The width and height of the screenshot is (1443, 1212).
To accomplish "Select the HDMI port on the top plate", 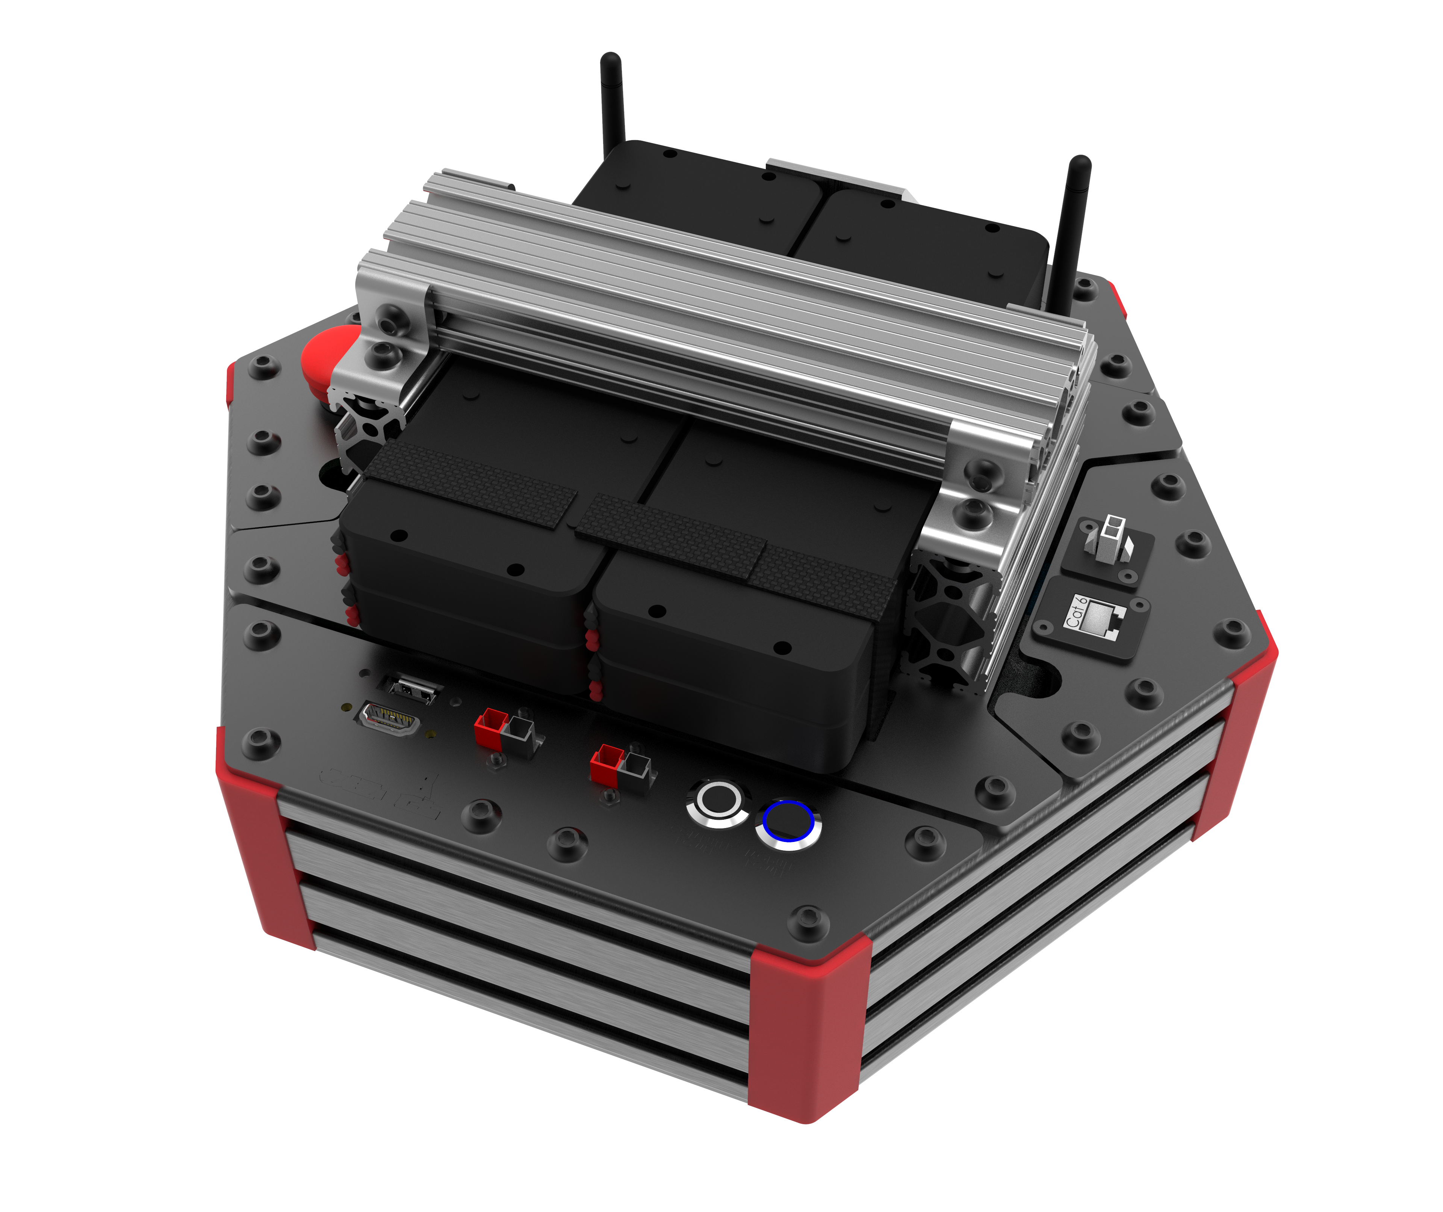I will tap(388, 719).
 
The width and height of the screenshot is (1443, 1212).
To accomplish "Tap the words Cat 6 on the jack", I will tap(1075, 612).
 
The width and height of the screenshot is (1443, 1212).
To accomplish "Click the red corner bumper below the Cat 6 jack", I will tap(1237, 721).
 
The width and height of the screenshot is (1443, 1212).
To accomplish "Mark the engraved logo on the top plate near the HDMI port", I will tap(381, 790).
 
